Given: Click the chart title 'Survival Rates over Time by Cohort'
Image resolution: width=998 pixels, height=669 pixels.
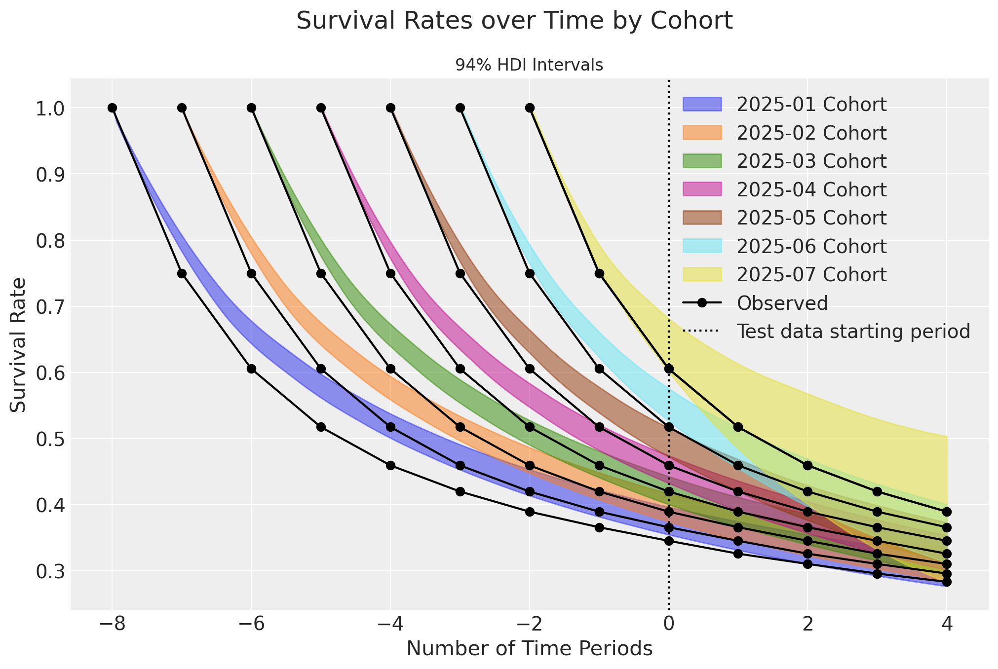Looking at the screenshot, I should (514, 22).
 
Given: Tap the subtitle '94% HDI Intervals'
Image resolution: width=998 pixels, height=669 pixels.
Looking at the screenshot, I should (529, 65).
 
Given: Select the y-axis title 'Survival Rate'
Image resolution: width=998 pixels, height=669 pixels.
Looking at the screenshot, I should (19, 344).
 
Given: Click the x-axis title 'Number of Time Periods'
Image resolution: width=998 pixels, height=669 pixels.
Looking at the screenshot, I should (529, 649).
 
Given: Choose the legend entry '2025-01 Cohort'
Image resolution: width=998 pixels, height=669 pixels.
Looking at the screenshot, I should (811, 105).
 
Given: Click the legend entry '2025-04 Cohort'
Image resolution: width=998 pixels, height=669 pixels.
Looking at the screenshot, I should (811, 189).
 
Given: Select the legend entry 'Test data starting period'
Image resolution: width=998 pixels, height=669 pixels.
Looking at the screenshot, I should (853, 331).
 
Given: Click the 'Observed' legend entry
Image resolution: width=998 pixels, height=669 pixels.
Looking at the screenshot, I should (782, 303).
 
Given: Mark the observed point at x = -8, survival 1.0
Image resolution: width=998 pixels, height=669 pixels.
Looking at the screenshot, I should (112, 108).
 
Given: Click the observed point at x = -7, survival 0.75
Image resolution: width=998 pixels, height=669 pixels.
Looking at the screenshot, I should (182, 273).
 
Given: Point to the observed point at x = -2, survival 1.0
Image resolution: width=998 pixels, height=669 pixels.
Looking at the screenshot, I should (530, 108).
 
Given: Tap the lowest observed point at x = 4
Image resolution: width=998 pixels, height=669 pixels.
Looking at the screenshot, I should (946, 582).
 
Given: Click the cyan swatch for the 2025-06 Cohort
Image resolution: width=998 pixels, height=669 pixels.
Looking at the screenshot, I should (702, 246).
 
